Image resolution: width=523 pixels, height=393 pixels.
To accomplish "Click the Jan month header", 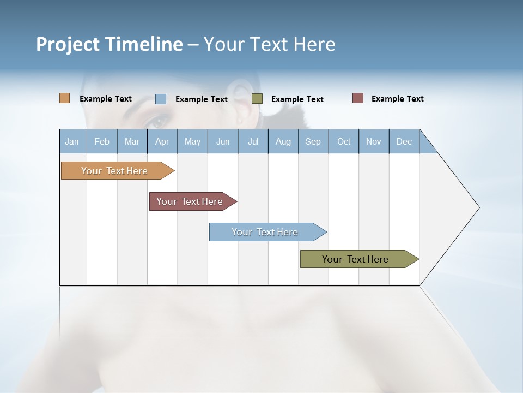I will pos(72,141).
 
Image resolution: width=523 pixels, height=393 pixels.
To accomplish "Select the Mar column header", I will pos(132,141).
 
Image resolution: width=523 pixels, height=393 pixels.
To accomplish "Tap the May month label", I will pos(192,141).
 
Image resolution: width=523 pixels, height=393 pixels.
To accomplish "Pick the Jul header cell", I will pos(253,141).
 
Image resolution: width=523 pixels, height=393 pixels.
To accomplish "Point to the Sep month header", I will pos(313,141).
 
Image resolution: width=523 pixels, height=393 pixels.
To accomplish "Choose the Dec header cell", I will pos(404,141).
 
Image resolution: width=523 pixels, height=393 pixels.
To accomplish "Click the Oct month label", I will pos(344,141).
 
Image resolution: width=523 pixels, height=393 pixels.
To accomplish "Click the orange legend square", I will pos(65,98).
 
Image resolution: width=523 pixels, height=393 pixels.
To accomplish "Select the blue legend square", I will pos(161,99).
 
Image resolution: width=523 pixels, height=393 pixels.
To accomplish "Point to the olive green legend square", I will pos(257,99).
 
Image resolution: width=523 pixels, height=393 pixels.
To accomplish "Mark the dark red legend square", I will pos(358,98).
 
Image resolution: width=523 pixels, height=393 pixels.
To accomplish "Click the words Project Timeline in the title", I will pos(110,44).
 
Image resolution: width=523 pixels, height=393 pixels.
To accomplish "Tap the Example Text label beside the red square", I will pos(397,99).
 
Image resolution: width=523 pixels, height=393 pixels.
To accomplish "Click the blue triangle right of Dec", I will pos(427,144).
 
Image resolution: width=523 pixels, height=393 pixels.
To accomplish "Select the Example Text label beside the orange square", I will pos(106,99).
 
